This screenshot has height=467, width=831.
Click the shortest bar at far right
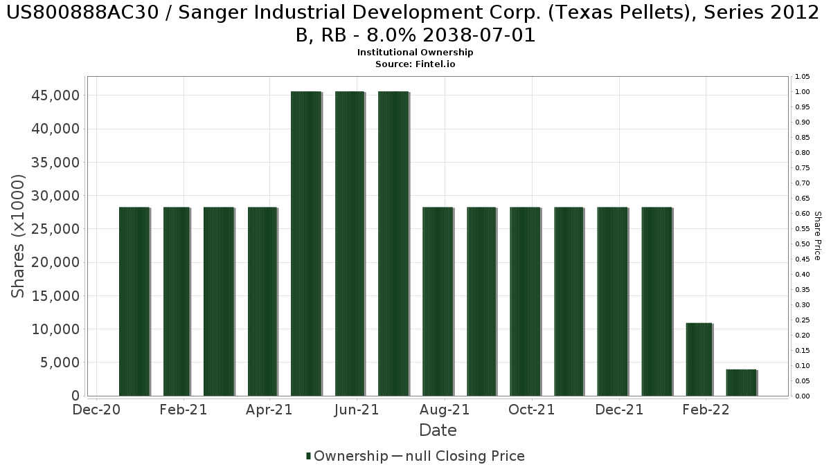741,383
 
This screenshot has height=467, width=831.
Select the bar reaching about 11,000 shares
699,359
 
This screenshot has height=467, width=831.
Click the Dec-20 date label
97,410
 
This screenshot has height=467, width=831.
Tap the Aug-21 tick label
445,410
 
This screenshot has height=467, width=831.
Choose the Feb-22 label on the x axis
706,410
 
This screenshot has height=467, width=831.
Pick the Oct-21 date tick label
531,410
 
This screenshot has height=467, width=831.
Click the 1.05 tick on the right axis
803,77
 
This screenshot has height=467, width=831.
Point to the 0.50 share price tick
803,244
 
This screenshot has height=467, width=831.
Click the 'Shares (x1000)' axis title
19,236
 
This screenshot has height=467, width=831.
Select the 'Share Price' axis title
818,236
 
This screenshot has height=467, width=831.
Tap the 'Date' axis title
438,430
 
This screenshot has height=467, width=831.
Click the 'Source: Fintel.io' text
415,64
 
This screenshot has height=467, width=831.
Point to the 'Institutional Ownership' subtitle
415,53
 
